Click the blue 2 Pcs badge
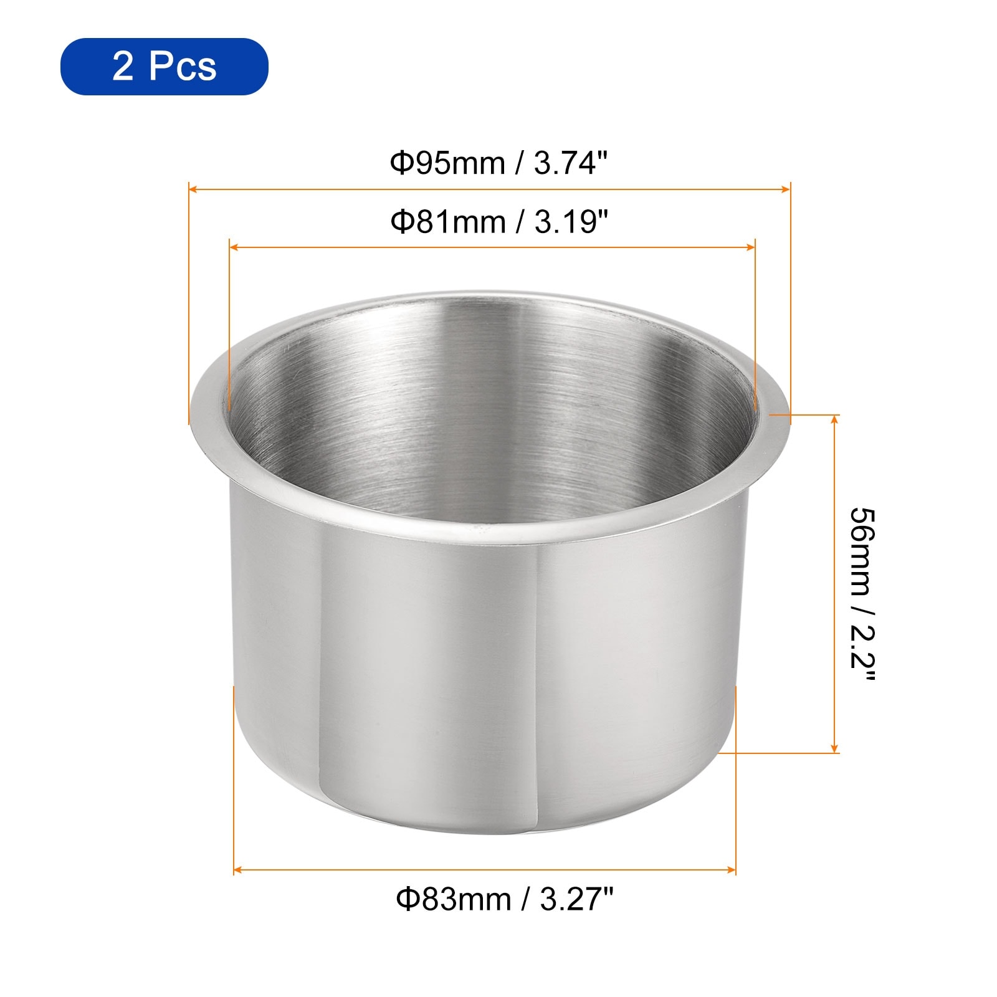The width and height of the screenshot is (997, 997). (164, 66)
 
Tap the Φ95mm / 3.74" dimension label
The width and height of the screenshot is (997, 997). (498, 163)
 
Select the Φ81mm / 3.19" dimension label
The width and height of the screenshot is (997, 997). (498, 221)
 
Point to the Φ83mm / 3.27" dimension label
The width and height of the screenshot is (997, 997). (505, 899)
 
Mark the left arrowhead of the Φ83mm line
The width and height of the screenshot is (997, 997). (239, 870)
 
